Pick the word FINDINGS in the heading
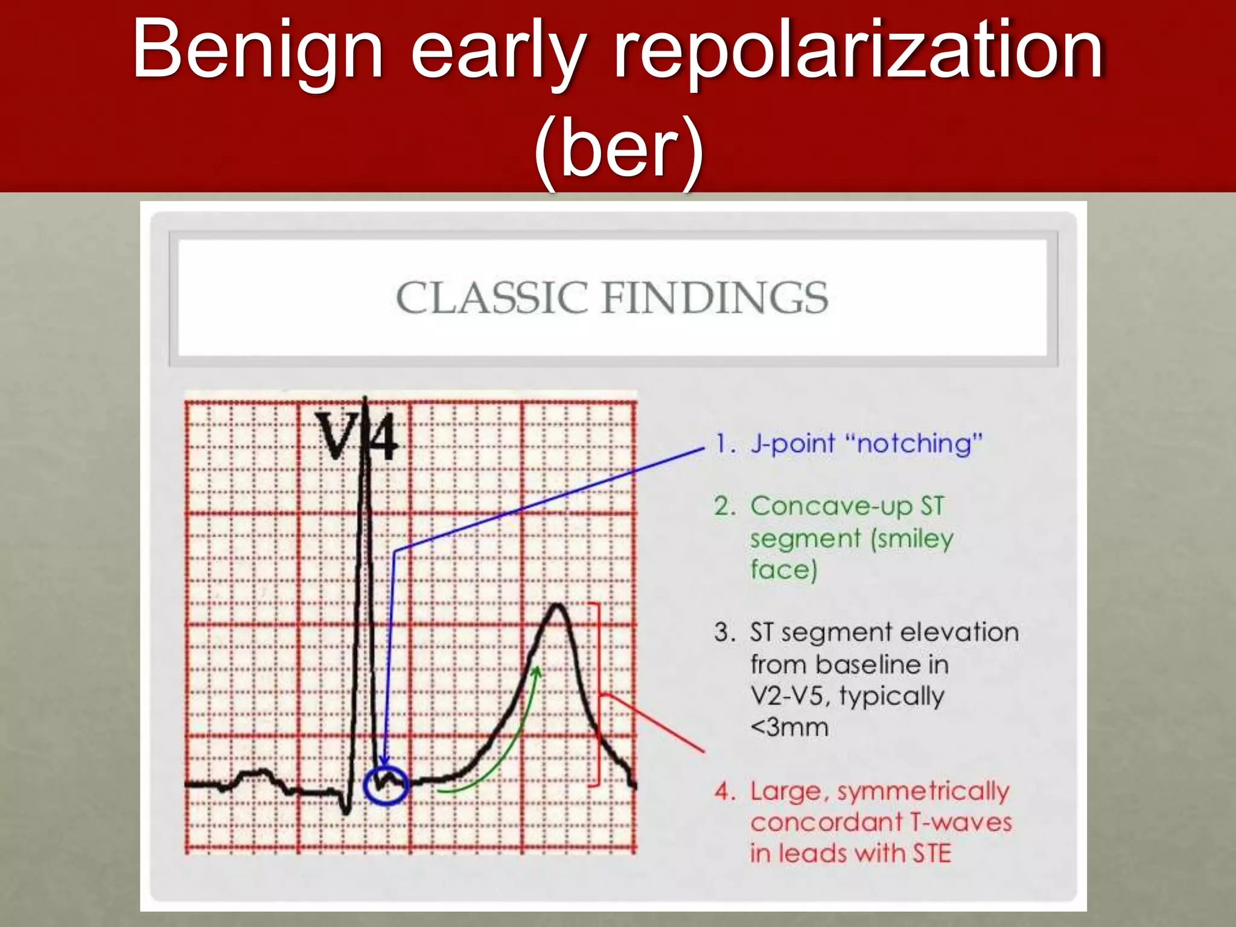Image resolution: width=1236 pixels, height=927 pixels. [715, 298]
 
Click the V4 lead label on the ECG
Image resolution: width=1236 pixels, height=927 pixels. [357, 437]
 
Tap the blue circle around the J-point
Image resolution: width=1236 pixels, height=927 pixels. [386, 785]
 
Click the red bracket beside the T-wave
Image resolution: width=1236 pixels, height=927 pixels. [598, 694]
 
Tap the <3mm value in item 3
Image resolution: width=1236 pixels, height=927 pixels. [789, 727]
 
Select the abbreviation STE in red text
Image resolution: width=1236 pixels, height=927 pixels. [932, 853]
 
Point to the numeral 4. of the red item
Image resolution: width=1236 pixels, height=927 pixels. [725, 791]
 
